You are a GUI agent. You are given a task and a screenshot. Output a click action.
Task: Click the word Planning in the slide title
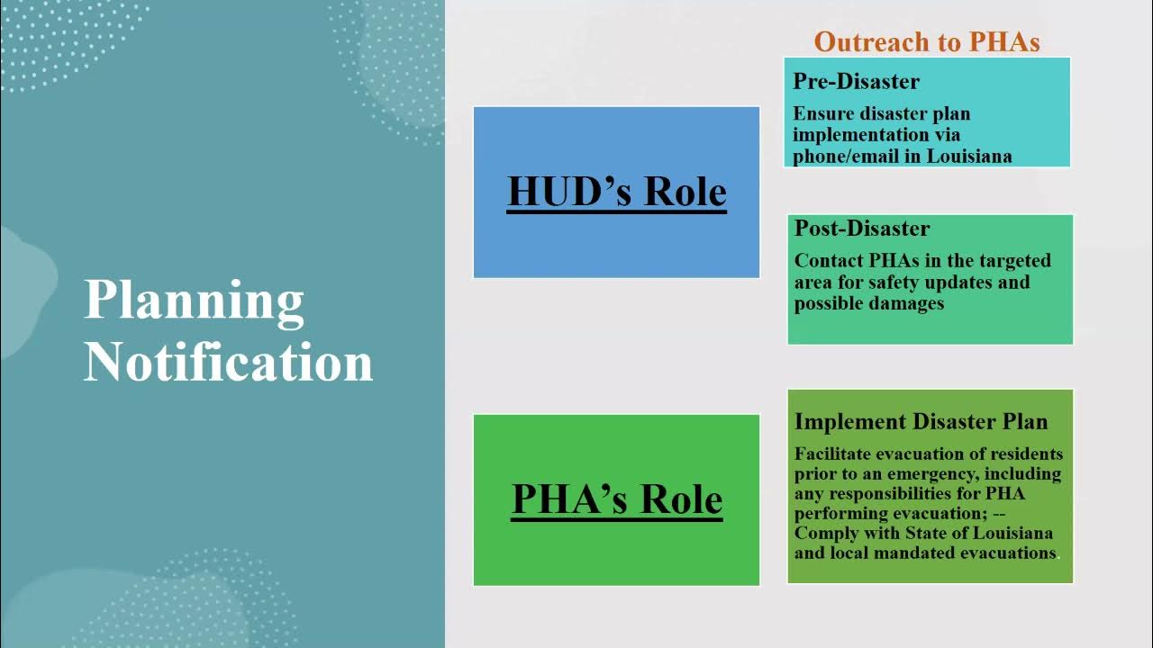194,301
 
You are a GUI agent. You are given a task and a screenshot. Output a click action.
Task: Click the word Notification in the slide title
228,362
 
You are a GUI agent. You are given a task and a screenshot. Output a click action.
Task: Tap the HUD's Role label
616,192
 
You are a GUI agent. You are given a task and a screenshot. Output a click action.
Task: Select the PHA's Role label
616,499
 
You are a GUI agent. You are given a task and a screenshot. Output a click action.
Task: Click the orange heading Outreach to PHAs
927,41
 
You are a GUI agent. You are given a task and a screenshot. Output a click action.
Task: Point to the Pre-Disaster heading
856,82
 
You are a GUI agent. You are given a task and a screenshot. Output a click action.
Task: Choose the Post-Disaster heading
862,229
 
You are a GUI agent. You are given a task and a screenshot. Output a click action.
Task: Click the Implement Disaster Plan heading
921,421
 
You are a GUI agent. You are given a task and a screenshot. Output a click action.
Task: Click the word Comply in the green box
823,533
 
